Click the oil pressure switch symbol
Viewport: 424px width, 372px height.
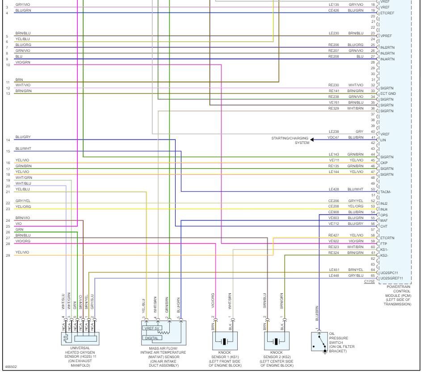(x=320, y=342)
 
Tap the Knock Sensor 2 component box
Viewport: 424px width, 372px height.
(x=277, y=341)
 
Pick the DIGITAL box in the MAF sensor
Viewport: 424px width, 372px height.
(x=152, y=338)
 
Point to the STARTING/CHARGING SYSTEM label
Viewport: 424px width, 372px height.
(x=290, y=140)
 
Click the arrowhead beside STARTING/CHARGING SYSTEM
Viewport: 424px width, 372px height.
(x=312, y=139)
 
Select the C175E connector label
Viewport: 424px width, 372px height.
(x=369, y=282)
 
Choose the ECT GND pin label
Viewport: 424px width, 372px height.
(x=388, y=93)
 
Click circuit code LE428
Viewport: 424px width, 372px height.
(x=334, y=189)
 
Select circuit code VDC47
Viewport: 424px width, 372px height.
(x=334, y=137)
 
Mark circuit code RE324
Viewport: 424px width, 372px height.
(x=334, y=253)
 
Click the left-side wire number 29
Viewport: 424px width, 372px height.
(x=8, y=255)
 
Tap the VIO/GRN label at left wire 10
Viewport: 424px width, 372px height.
(x=23, y=62)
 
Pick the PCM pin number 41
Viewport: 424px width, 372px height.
(x=373, y=137)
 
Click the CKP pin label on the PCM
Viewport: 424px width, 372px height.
(x=384, y=163)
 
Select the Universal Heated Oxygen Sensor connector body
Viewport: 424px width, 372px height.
(x=80, y=338)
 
